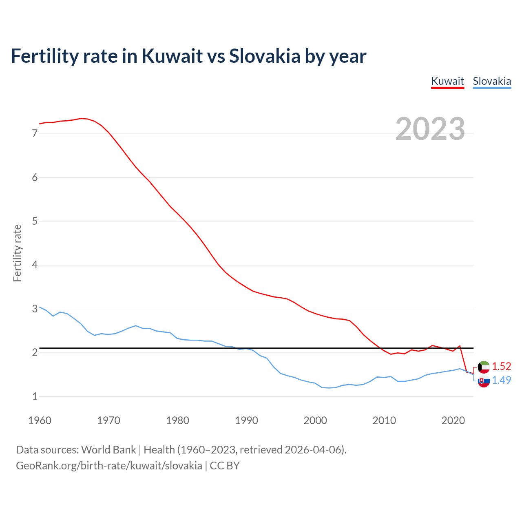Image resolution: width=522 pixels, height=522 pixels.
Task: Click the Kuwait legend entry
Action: (447, 81)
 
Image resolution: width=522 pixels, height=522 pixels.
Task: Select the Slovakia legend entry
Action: (492, 81)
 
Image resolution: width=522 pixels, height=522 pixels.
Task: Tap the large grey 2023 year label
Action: (430, 129)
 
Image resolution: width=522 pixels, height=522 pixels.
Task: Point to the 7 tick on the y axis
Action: (35, 134)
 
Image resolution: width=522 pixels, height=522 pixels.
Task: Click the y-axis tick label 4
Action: (35, 265)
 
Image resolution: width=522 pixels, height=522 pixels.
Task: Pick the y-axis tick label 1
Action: (35, 396)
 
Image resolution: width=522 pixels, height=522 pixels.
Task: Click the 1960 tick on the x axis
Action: (40, 420)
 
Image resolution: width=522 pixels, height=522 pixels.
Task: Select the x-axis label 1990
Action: (246, 420)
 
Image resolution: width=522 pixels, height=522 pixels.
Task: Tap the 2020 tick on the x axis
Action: (453, 420)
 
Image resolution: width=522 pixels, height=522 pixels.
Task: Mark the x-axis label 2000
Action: (315, 420)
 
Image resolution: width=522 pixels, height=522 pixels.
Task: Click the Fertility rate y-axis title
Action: (17, 253)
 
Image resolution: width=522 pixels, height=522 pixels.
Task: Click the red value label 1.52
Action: (501, 366)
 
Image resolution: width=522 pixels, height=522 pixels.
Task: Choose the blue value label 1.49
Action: (501, 380)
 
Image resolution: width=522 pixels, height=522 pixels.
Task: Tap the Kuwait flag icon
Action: (484, 367)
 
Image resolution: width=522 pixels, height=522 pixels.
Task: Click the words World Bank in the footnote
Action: (108, 450)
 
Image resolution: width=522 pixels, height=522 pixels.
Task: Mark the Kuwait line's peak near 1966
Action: (81, 118)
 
